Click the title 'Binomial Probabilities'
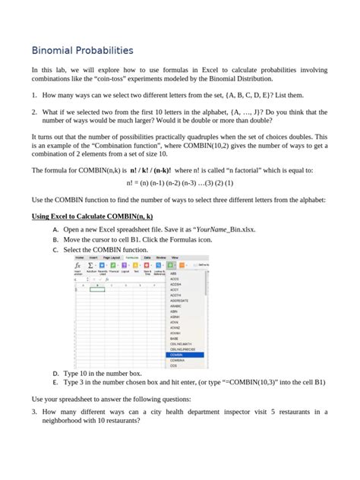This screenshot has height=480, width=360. point(82,50)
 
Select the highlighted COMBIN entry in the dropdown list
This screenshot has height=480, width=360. point(176,355)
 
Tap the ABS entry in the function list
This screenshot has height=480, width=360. point(174,273)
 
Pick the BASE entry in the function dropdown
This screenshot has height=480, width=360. point(175,338)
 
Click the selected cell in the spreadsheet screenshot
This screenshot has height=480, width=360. point(98,289)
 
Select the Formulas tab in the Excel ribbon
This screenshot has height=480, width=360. point(132,258)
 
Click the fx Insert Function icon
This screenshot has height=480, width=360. point(79,267)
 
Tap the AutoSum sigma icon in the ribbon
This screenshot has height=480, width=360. point(90,266)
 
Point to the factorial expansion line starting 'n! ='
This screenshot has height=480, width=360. point(179,184)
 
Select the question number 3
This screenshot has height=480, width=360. point(34,412)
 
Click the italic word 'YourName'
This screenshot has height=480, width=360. point(213,229)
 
